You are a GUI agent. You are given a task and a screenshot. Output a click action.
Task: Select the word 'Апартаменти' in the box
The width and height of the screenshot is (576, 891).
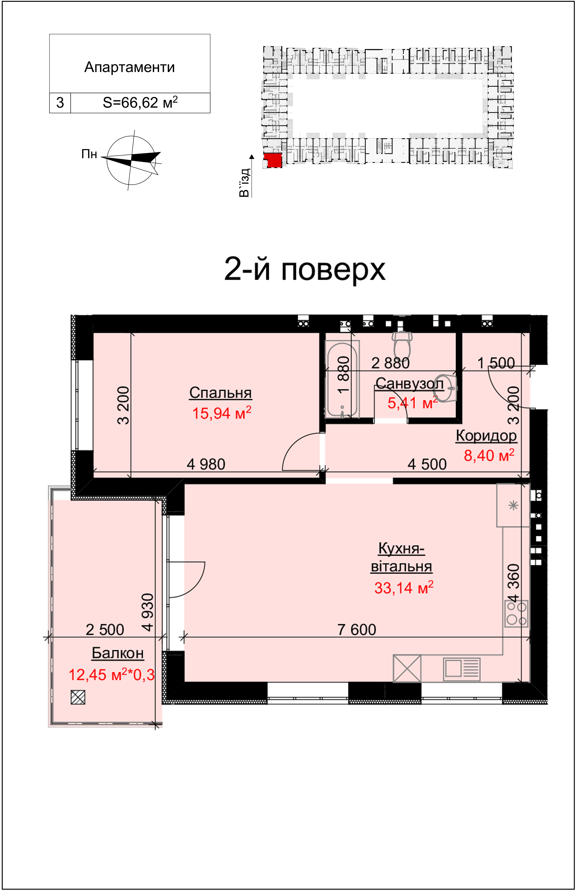(129, 67)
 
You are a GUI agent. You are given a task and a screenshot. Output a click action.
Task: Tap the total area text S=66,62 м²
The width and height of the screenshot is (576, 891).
(140, 102)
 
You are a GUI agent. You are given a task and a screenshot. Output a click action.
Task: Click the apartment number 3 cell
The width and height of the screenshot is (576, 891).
(60, 103)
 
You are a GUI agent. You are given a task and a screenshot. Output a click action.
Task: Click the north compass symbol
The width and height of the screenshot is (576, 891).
(131, 160)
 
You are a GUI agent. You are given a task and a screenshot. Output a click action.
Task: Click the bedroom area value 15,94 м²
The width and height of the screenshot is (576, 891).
(221, 413)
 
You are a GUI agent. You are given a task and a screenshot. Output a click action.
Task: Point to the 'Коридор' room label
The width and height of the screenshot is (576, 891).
(486, 436)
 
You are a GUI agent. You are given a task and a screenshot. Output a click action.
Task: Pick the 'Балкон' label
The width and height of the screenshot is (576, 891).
(118, 653)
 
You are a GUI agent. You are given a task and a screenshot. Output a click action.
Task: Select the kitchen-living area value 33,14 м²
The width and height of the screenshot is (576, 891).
(404, 588)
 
